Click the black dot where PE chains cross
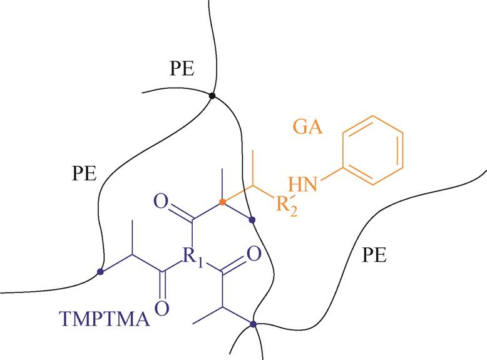coord(212,96)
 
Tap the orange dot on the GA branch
coord(222,202)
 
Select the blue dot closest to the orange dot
coord(252,220)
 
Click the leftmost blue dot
coord(100,272)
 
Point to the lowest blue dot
coord(253,324)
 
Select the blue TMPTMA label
coord(105,319)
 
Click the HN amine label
coord(303,184)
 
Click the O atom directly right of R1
coord(254,254)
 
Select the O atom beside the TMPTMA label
coord(162,307)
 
